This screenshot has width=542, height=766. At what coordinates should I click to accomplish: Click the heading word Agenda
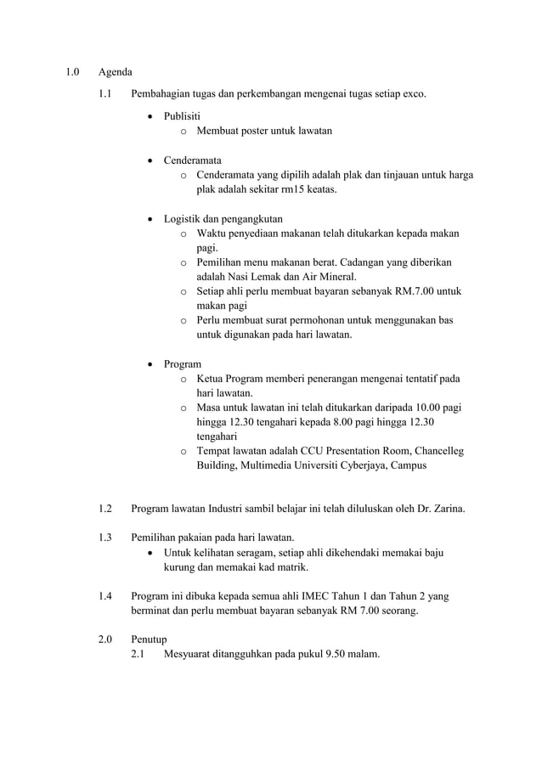click(x=115, y=72)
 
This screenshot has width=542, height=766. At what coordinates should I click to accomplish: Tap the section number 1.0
click(x=74, y=72)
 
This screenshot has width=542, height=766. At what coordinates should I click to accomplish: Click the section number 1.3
click(x=105, y=538)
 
